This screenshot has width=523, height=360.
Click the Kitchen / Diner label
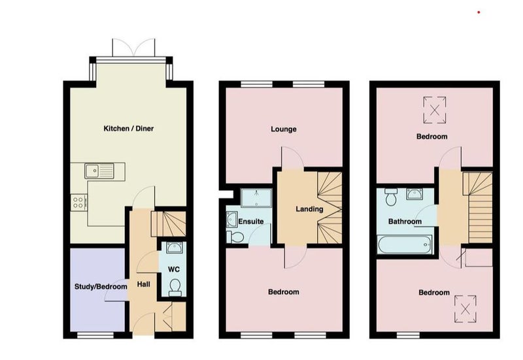click(x=128, y=129)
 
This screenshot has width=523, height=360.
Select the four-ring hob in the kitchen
click(x=78, y=203)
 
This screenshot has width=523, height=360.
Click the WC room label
click(x=173, y=269)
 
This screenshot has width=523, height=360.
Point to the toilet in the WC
click(x=175, y=287)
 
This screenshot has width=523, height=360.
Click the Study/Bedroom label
click(x=101, y=287)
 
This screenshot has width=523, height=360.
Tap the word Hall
click(x=144, y=284)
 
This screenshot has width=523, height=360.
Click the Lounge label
click(x=284, y=129)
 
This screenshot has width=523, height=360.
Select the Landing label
click(x=309, y=209)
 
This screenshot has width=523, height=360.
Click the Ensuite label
click(x=251, y=221)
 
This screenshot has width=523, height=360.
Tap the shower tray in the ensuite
click(x=256, y=198)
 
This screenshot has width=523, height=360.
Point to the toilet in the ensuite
click(x=235, y=237)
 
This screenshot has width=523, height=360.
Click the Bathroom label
click(x=405, y=221)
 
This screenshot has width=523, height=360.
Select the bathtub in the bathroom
click(x=405, y=244)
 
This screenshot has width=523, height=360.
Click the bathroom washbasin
click(x=414, y=194)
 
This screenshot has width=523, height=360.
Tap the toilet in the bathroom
click(x=390, y=197)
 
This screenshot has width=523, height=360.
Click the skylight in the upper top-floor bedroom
click(x=435, y=110)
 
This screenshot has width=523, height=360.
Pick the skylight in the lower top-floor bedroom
click(x=465, y=308)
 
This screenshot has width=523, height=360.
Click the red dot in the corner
click(x=479, y=12)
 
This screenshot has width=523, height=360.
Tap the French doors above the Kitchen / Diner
click(x=134, y=48)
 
